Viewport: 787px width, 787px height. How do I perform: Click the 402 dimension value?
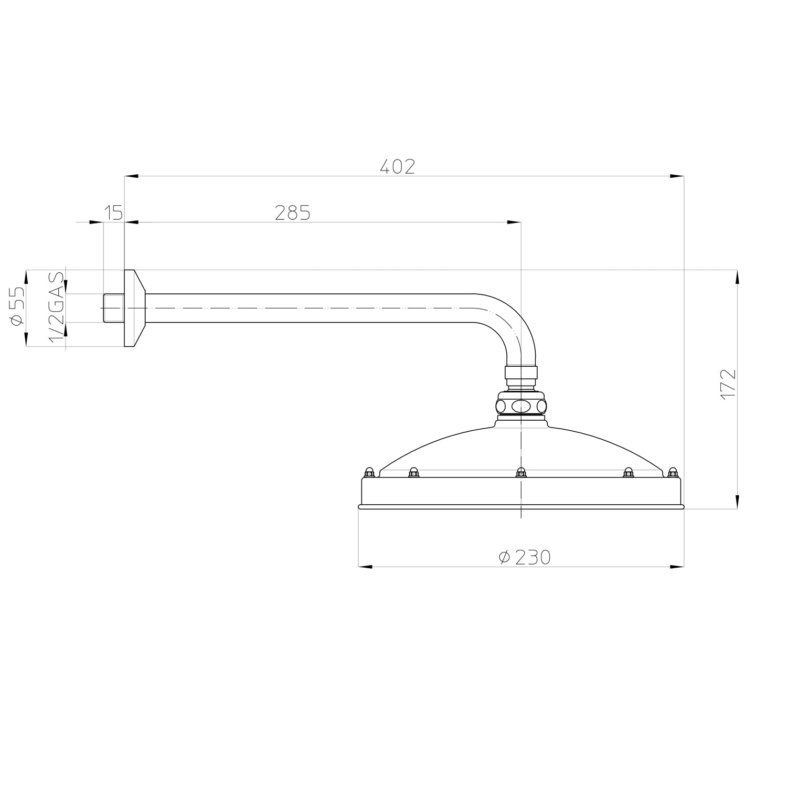pos(397,166)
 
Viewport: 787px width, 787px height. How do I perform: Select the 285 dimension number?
pos(293,212)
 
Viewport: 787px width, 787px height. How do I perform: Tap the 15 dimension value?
pos(113,212)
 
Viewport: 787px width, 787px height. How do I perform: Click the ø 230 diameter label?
pos(525,557)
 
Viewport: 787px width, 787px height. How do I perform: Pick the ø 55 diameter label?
pos(17,306)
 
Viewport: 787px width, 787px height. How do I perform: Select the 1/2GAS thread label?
pos(57,307)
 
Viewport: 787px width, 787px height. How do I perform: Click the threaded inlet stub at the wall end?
pos(113,308)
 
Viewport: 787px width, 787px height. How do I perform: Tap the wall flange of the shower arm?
pos(135,308)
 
